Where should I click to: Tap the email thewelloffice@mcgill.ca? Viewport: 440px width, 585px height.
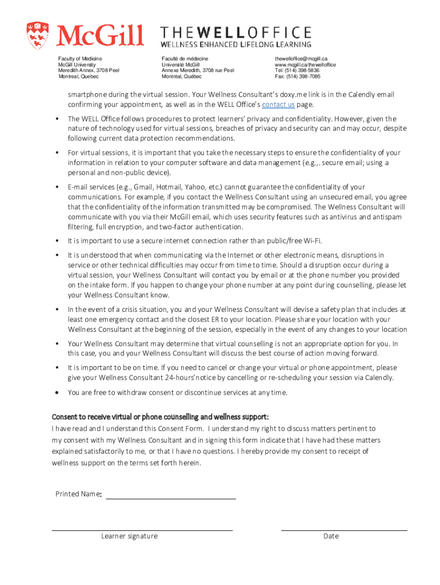pyautogui.click(x=301, y=59)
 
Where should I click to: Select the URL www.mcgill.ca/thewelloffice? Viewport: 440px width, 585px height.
pyautogui.click(x=305, y=65)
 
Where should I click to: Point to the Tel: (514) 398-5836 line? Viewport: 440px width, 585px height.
pyautogui.click(x=297, y=70)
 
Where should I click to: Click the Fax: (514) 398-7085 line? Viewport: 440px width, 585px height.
pyautogui.click(x=297, y=76)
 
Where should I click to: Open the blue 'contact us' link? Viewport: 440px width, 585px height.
pyautogui.click(x=278, y=105)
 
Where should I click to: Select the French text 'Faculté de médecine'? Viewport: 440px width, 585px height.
pyautogui.click(x=185, y=59)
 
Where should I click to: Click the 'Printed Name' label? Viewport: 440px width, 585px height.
pyautogui.click(x=78, y=494)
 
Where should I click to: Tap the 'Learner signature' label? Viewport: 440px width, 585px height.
pyautogui.click(x=129, y=536)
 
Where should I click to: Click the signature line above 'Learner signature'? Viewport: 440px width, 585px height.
pyautogui.click(x=142, y=530)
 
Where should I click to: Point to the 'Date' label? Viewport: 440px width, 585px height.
pyautogui.click(x=331, y=536)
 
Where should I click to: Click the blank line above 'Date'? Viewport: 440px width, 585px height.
pyautogui.click(x=344, y=530)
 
